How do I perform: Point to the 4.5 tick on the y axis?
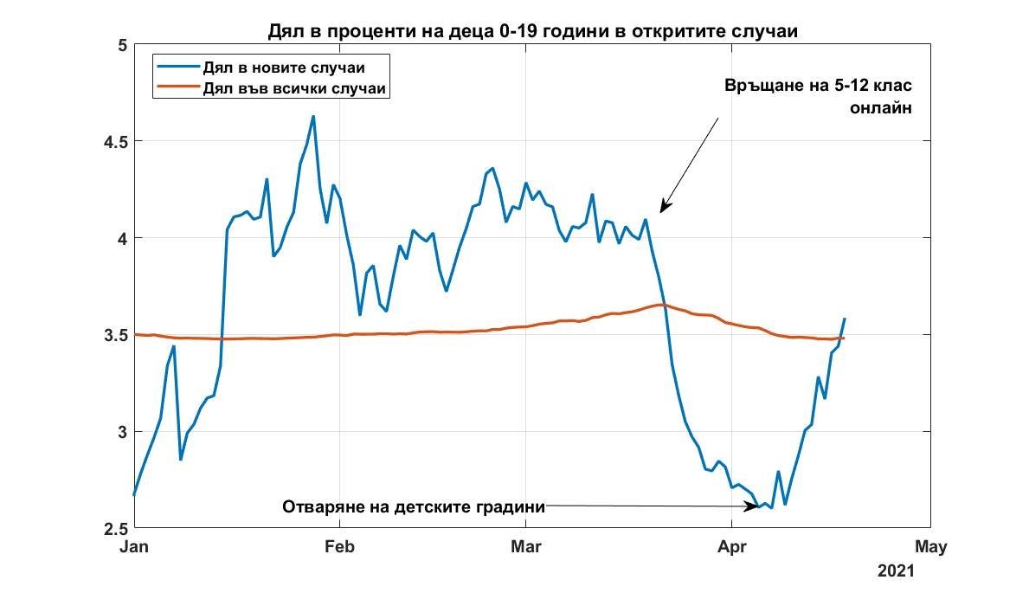[112, 141]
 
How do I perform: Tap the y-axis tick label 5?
[121, 44]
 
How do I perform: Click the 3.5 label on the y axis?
[112, 335]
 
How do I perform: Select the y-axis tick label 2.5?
[112, 528]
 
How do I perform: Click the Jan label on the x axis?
[134, 547]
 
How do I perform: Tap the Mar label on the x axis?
[525, 547]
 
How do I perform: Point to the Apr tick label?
[732, 547]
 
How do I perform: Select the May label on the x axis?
[930, 547]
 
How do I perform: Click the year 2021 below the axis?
[895, 571]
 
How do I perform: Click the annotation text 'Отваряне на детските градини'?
[414, 507]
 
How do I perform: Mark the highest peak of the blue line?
[312, 116]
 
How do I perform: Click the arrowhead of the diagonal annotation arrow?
[662, 210]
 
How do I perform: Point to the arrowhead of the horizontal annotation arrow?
[759, 506]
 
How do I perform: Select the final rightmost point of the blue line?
[845, 319]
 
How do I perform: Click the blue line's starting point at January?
[134, 495]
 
